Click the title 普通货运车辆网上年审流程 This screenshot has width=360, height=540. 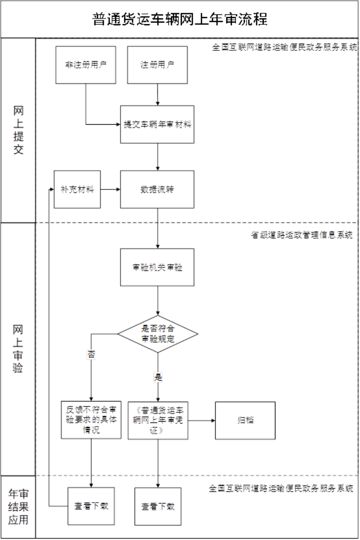click(180, 19)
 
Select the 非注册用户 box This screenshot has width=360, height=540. click(85, 65)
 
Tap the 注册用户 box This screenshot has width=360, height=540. click(157, 65)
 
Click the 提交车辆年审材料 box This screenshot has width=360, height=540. click(157, 125)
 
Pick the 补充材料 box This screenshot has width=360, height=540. click(77, 189)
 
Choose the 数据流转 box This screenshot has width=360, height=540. click(157, 189)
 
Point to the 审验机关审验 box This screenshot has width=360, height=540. click(157, 267)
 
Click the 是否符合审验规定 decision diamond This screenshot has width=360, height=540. click(157, 333)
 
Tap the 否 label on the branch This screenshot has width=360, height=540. click(91, 355)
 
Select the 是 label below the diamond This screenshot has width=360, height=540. click(157, 377)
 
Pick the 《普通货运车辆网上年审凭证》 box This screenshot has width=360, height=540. click(158, 420)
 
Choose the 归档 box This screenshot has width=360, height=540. click(245, 420)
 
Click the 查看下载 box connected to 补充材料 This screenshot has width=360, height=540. click(91, 506)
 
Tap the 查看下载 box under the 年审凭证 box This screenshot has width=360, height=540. click(158, 506)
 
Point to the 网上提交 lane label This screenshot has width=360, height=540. click(18, 130)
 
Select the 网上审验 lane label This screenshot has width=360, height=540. click(18, 348)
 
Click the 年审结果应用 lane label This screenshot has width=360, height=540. click(18, 507)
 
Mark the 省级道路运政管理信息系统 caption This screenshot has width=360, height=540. click(301, 235)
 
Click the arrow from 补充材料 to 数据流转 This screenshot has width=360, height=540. click(110, 189)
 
